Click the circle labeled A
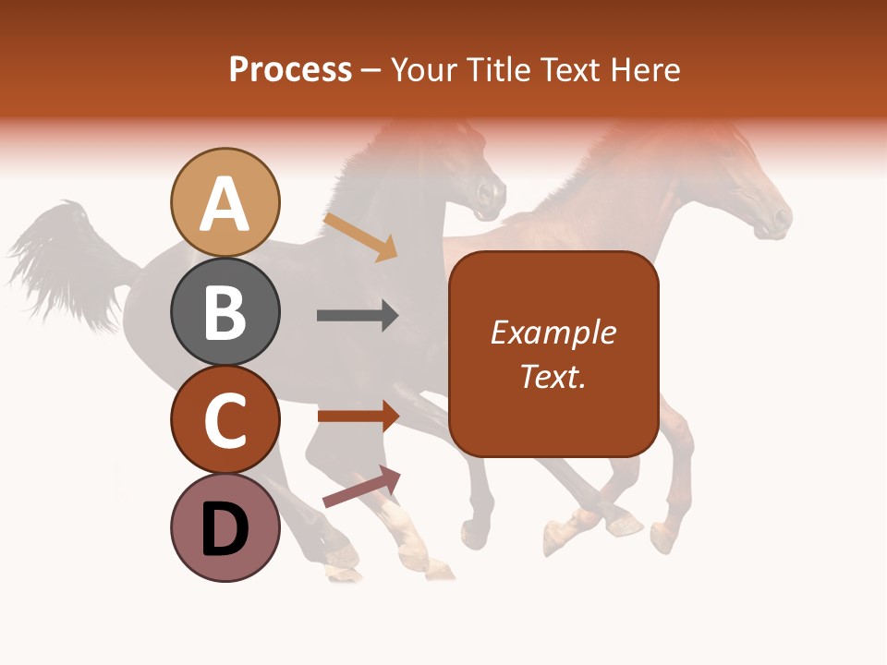pos(225,202)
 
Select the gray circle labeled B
pos(225,311)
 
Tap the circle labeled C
pos(225,420)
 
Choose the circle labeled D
pos(225,528)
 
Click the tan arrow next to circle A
pos(360,237)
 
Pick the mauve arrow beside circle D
pos(361,487)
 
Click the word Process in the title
pos(290,69)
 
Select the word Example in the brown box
pos(553,332)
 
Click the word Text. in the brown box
pos(553,376)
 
